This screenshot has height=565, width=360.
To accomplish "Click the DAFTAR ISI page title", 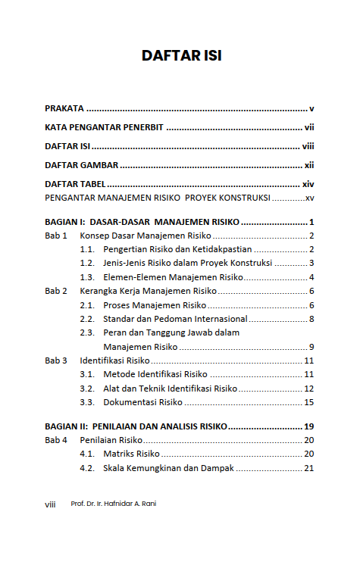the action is [181, 55].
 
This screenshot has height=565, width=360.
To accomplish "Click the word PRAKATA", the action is [64, 108].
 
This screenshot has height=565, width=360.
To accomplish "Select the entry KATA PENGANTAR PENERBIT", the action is [105, 127].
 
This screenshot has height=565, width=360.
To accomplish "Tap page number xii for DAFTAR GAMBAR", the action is [309, 165].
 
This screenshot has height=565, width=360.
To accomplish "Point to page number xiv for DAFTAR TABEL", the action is [308, 184].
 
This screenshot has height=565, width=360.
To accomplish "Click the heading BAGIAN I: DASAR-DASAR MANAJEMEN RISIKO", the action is [142, 222].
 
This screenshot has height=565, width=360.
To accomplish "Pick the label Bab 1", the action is [56, 236].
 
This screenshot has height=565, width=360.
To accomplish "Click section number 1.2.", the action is [87, 264].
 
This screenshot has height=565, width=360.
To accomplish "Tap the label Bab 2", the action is [56, 291].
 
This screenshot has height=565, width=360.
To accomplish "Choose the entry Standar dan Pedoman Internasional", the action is [175, 319].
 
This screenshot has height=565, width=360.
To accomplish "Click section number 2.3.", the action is [87, 332].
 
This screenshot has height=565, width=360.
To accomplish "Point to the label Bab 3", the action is [56, 361].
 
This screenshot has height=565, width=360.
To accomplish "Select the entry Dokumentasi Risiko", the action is [142, 402].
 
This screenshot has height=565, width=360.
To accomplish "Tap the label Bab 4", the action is [56, 440].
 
